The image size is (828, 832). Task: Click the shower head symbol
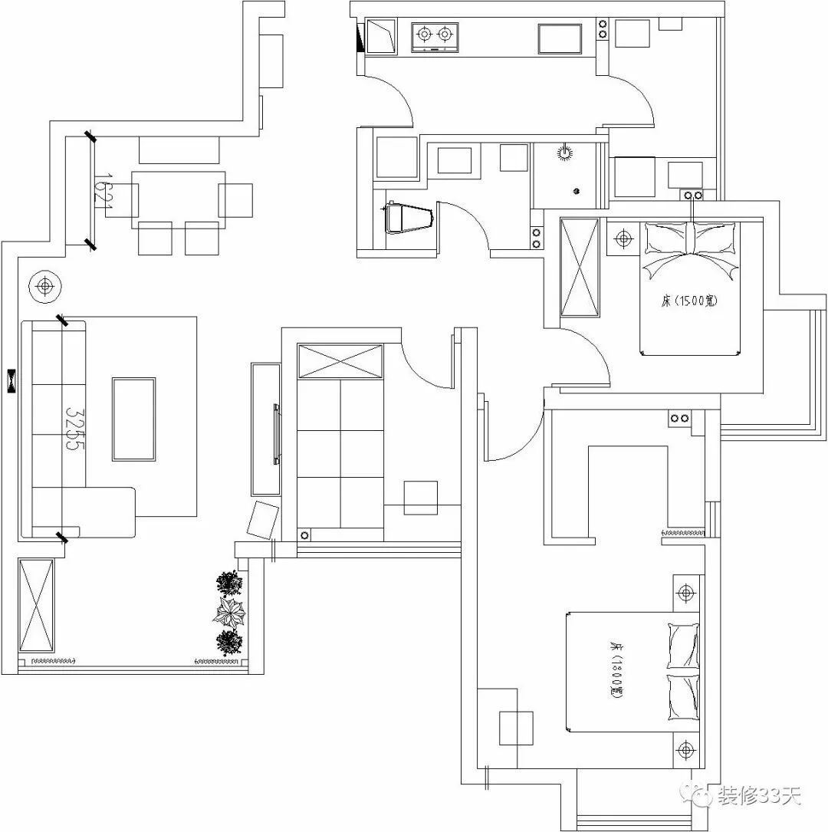pos(565,152)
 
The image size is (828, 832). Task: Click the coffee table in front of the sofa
pos(134,419)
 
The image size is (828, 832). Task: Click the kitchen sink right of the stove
pos(559,38)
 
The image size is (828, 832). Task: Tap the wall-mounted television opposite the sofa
pos(274,434)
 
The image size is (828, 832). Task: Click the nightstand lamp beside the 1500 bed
pos(623,239)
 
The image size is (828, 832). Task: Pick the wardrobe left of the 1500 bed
pos(580,267)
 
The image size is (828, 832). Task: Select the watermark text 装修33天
pos(759,797)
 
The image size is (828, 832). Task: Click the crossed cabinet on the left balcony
pos(36,605)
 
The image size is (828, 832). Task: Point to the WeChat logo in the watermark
pos(700,797)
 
